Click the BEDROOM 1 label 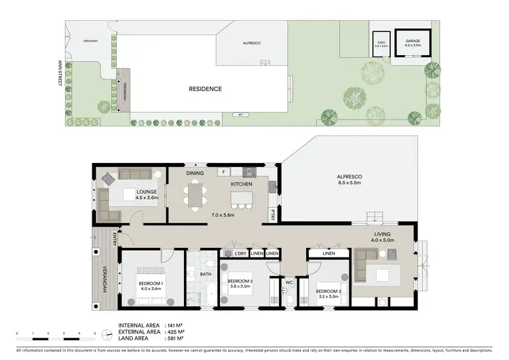point(150,285)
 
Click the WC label point(288,281)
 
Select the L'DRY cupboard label point(239,254)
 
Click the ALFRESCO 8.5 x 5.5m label point(350,180)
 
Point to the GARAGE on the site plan point(413,43)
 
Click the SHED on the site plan point(380,45)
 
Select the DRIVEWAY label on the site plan point(91,41)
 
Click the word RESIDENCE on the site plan point(205,88)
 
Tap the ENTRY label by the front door point(116,238)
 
